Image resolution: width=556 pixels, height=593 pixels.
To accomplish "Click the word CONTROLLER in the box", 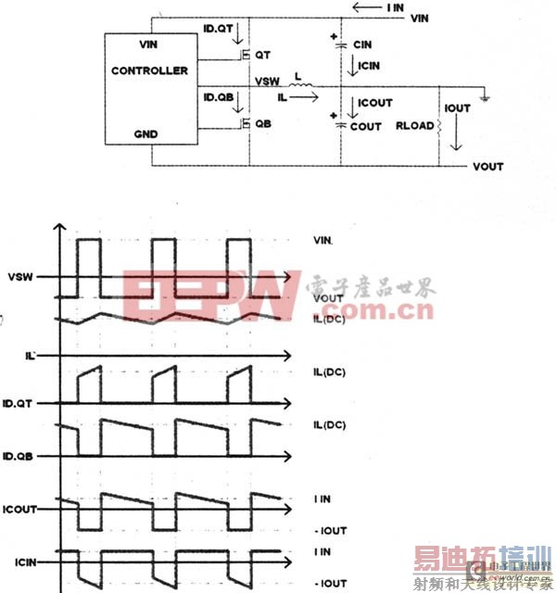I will click(149, 70).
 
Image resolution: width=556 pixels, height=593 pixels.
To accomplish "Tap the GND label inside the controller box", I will click(146, 134).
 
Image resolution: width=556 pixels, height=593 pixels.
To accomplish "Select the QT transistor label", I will click(262, 56).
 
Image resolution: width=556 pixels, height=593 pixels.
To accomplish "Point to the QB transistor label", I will click(264, 122).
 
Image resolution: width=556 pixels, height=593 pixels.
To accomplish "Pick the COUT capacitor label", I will click(365, 127).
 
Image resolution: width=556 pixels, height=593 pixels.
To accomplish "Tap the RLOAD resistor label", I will click(415, 126).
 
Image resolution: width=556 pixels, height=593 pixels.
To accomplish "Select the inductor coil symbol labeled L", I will click(303, 90).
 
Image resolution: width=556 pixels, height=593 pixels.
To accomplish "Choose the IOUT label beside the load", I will click(459, 108).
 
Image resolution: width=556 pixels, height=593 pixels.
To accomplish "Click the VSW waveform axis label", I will click(20, 276).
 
